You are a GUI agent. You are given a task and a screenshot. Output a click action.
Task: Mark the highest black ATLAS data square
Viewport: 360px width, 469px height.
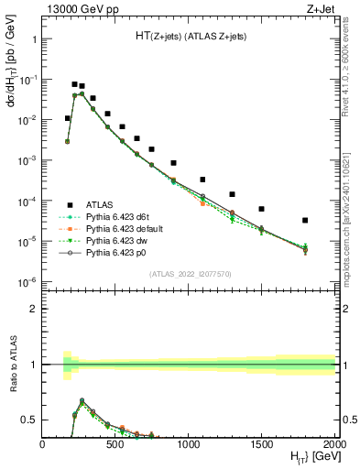click(74, 84)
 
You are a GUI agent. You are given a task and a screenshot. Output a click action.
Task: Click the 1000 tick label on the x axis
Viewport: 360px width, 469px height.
click(188, 444)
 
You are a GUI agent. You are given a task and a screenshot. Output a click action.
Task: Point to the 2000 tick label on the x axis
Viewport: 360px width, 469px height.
click(333, 444)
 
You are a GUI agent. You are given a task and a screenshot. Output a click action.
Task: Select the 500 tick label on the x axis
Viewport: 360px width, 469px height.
click(115, 444)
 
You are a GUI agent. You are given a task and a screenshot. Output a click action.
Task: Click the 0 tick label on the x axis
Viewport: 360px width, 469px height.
click(42, 444)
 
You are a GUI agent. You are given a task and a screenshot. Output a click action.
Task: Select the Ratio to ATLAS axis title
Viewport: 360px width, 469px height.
click(12, 365)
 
